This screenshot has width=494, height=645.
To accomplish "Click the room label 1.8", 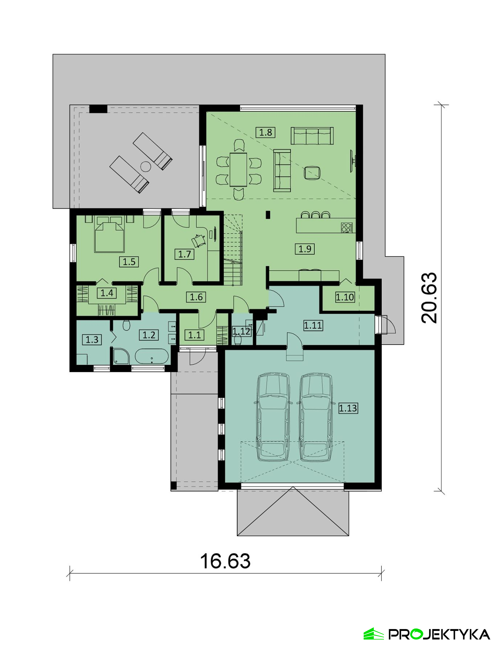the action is click(x=265, y=132).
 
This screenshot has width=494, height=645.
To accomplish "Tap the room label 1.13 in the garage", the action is click(x=348, y=408).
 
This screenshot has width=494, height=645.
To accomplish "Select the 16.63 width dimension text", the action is click(x=225, y=561).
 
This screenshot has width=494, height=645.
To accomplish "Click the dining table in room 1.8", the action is click(x=238, y=169).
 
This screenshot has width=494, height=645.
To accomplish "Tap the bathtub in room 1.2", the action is click(x=152, y=357).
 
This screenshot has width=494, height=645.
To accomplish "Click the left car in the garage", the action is click(x=273, y=417).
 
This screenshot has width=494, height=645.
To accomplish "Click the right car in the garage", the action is click(x=315, y=417).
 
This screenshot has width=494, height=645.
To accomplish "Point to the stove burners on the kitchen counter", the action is click(x=347, y=227).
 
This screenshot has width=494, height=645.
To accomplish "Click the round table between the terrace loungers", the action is click(x=146, y=166).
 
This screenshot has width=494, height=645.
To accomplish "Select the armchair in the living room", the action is click(x=312, y=172).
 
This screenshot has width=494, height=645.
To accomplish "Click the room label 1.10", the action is click(x=344, y=297).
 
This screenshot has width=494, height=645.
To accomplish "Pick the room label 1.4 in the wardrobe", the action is click(x=107, y=293).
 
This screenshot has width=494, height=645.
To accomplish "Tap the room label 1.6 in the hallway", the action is click(x=196, y=297).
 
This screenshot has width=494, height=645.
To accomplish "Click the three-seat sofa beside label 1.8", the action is click(x=312, y=136).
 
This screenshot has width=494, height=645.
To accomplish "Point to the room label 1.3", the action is click(x=92, y=340).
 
